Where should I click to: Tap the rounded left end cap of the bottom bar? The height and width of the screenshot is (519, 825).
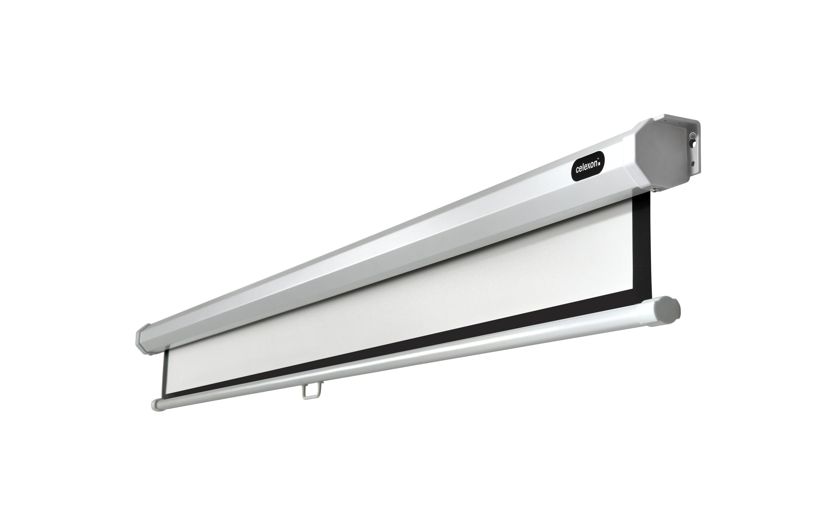(x=156, y=405)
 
